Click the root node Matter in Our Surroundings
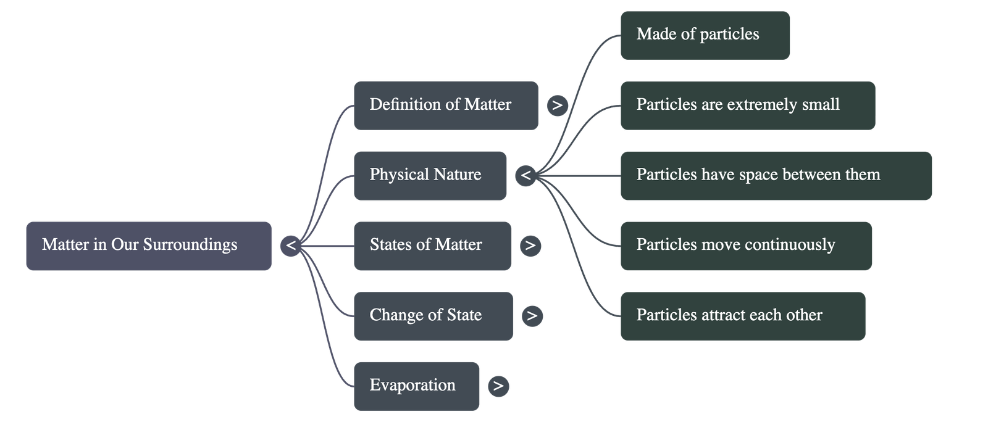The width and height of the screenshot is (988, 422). (148, 246)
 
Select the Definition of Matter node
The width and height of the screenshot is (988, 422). (445, 105)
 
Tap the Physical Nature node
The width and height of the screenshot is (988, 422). (430, 175)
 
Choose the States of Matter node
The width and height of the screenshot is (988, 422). (432, 246)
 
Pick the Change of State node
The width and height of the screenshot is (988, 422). (432, 316)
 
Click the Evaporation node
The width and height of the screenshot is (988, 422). (416, 386)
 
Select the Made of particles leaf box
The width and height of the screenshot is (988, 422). (705, 35)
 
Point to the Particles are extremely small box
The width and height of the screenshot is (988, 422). (747, 105)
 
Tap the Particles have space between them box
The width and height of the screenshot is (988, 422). (776, 175)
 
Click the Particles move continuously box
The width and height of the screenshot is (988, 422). (746, 246)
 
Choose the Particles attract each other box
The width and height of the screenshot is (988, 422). (742, 316)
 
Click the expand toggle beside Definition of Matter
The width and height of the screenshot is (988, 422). (557, 105)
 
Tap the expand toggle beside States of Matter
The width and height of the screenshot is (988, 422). (530, 246)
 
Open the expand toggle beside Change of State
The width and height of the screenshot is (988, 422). (532, 316)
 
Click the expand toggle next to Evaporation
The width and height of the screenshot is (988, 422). (498, 386)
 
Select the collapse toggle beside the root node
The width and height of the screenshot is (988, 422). (291, 246)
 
